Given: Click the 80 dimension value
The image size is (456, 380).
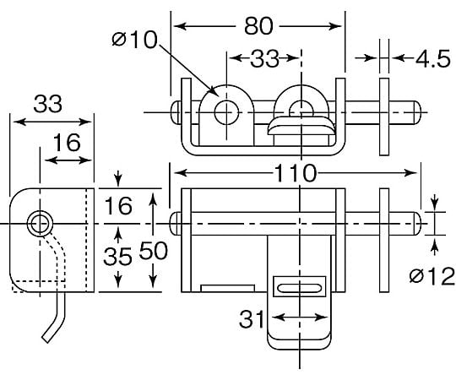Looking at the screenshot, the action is pyautogui.click(x=258, y=26).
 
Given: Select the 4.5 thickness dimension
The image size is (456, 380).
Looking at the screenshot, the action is pyautogui.click(x=432, y=59).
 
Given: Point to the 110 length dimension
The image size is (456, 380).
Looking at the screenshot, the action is pyautogui.click(x=295, y=173).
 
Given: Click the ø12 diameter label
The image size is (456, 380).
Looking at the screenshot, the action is pyautogui.click(x=432, y=276).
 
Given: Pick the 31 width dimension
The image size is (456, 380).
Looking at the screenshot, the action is pyautogui.click(x=252, y=319).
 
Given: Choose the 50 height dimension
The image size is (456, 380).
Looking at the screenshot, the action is pyautogui.click(x=153, y=250).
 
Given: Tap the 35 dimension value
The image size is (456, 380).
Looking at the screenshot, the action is pyautogui.click(x=117, y=257).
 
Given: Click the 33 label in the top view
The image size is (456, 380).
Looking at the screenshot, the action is pyautogui.click(x=264, y=59).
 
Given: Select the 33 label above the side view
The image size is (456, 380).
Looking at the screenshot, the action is pyautogui.click(x=47, y=104).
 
